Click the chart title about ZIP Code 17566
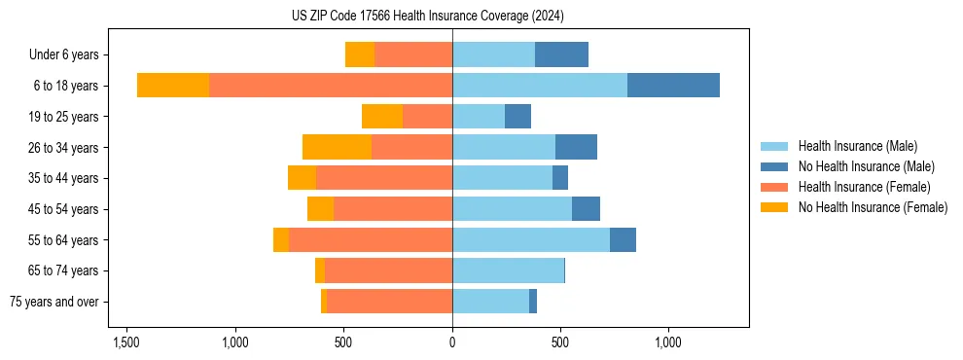[428, 16]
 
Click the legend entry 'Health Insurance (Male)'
[857, 146]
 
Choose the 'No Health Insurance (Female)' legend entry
[873, 207]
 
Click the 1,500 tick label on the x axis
[126, 343]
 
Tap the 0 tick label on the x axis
[452, 343]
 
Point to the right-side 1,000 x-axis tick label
[668, 343]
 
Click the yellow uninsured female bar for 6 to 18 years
[173, 86]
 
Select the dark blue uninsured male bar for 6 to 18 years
[673, 86]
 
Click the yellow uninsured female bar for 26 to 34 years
[337, 147]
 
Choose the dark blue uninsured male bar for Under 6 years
[561, 54]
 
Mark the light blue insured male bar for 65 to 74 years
[508, 270]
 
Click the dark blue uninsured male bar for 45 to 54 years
[586, 209]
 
